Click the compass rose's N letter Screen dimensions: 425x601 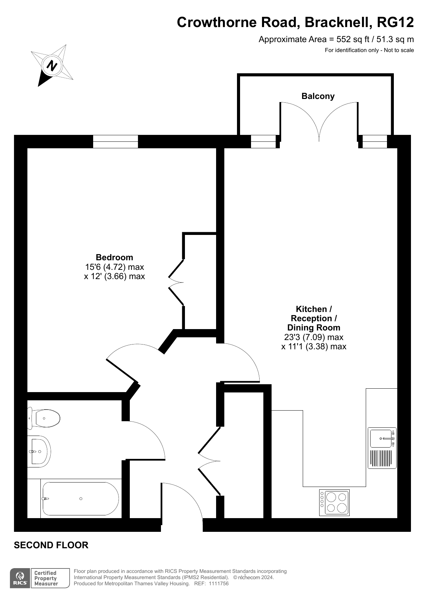coord(52,65)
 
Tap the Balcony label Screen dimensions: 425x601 coord(318,96)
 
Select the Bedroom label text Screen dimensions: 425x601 coord(114,257)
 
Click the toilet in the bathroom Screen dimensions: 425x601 coord(44,418)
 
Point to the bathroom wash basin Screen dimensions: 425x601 coord(39,451)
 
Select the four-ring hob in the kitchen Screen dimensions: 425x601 coord(334,502)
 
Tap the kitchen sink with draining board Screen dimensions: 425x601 coord(382,448)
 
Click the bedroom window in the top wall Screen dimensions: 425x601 coord(115,141)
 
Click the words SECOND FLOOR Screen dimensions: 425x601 coord(51,545)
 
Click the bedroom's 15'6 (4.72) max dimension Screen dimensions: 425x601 coord(114,267)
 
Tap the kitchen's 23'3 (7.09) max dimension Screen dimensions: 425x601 coord(314,337)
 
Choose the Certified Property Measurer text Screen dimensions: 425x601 coord(46,578)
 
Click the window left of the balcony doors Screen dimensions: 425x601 coord(263,141)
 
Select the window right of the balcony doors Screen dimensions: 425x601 coord(375,141)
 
